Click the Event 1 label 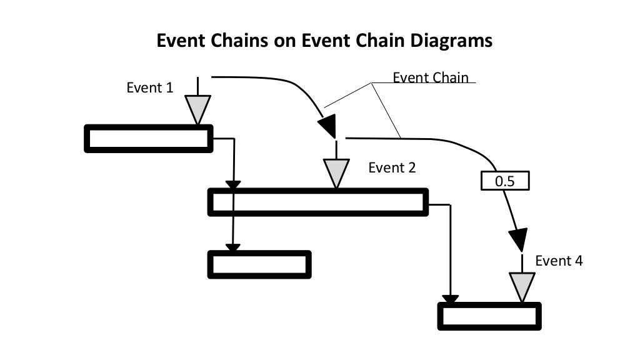tap(149, 87)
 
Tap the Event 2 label tap(392, 167)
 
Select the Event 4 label tap(559, 261)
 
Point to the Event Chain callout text tap(430, 77)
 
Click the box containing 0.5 tap(505, 181)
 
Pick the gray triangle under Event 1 tap(197, 108)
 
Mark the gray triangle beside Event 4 tap(522, 286)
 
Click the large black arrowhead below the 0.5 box tap(518, 239)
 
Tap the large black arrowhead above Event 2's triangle tap(327, 126)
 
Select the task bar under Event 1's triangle tap(149, 138)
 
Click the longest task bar tap(318, 202)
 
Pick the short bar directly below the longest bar tap(259, 264)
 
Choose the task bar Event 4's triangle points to tap(489, 316)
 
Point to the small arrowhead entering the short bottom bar tap(232, 248)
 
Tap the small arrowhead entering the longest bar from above tap(232, 185)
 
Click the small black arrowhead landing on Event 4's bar tap(449, 299)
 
